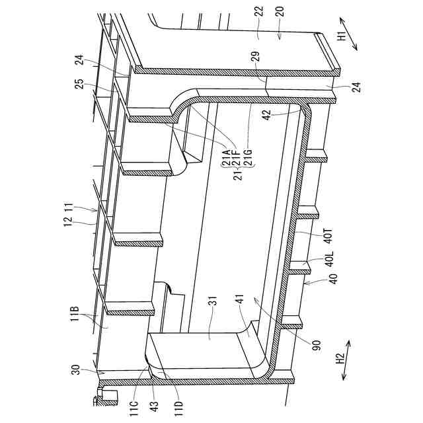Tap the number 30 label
[x=76, y=369]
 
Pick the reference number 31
[x=213, y=301]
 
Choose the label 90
[x=316, y=346]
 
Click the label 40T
[x=329, y=236]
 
